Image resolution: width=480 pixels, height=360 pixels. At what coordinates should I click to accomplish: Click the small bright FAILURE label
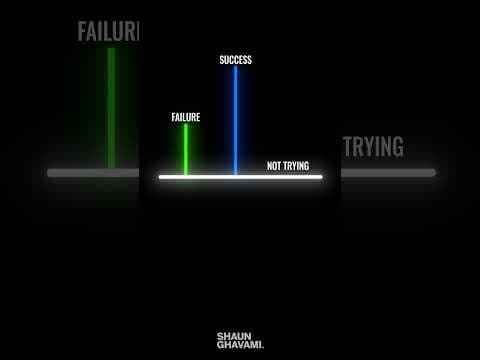pyautogui.click(x=186, y=117)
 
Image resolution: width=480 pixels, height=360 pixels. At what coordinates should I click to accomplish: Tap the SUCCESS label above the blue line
pyautogui.click(x=236, y=60)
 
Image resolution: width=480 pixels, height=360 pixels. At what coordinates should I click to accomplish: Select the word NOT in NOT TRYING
pyautogui.click(x=275, y=166)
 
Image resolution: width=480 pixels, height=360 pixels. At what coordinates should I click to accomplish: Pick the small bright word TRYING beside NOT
pyautogui.click(x=297, y=166)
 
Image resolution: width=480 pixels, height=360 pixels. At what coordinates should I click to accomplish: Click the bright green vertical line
pyautogui.click(x=186, y=150)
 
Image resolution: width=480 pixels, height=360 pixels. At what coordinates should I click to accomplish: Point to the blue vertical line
pyautogui.click(x=236, y=120)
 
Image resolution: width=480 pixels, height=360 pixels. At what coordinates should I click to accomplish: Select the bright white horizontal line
pyautogui.click(x=240, y=177)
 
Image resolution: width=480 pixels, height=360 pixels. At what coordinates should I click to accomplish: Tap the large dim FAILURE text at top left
pyautogui.click(x=108, y=31)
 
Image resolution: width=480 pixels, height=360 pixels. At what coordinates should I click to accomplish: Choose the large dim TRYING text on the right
pyautogui.click(x=373, y=147)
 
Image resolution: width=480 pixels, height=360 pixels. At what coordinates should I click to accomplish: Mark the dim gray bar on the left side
pyautogui.click(x=92, y=173)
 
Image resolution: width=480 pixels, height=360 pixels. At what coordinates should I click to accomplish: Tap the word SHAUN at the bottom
pyautogui.click(x=234, y=337)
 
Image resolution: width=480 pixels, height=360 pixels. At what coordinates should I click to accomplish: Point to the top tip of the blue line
pyautogui.click(x=236, y=69)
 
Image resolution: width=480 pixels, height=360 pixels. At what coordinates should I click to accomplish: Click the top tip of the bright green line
pyautogui.click(x=186, y=126)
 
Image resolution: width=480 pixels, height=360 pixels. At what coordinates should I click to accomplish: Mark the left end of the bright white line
pyautogui.click(x=160, y=177)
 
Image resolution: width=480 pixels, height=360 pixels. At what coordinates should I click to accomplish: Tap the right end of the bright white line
pyautogui.click(x=321, y=177)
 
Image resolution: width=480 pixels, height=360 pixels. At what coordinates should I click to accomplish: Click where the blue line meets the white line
pyautogui.click(x=236, y=176)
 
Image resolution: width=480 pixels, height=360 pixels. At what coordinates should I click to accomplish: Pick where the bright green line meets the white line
pyautogui.click(x=186, y=176)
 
